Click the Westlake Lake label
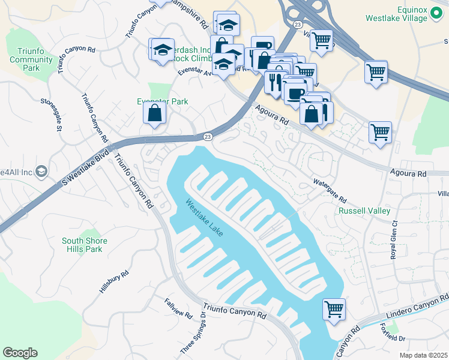coord(204,217)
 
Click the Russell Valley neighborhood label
coord(364,211)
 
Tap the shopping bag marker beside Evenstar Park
coord(155,112)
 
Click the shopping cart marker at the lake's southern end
coord(334,310)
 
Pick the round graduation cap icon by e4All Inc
coord(41,172)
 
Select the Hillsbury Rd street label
coord(113,282)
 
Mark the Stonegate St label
coord(51,114)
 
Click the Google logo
coord(20,352)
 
